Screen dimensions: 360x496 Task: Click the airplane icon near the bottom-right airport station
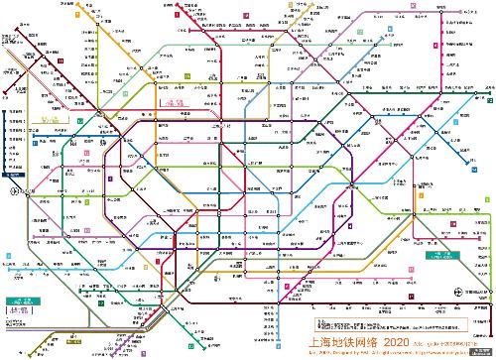pos(457,291)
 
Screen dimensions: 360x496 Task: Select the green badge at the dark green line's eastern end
pos(489,98)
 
